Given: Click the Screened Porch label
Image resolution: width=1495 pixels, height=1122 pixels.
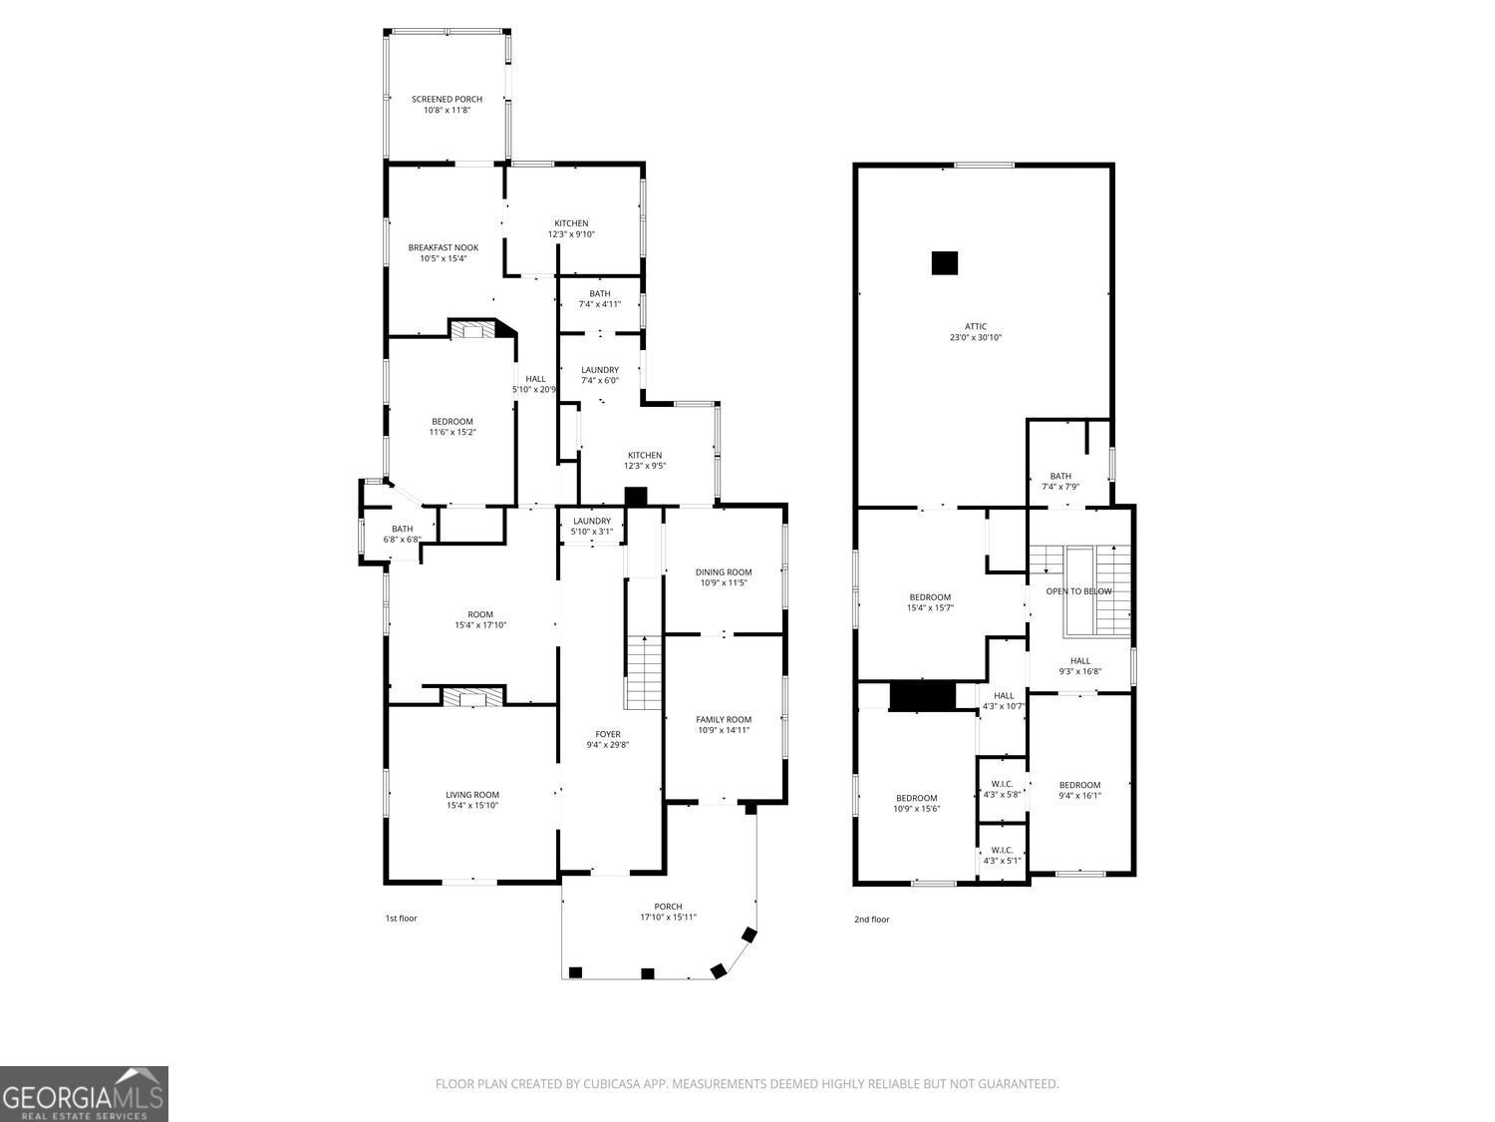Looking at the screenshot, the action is pos(447,100).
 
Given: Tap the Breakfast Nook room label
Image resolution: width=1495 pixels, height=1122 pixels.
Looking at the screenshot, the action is pos(444,248).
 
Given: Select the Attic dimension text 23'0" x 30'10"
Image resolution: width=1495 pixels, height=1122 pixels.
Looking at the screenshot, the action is pos(976,337).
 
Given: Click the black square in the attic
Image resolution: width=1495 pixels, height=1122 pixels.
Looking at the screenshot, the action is pos(945,263).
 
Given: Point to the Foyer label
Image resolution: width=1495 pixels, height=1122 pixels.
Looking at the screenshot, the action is pos(608,734).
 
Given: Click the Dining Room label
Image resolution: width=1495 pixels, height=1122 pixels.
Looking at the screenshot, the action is pos(724,572).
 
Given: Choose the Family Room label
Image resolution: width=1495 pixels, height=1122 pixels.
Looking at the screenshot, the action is pos(724,719).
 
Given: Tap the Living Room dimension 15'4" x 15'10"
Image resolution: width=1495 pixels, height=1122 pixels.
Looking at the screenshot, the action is pos(472,805).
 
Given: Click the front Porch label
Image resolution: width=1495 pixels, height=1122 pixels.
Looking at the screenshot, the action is pos(668,906).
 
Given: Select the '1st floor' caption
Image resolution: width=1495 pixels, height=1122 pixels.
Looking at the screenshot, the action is pos(402,919).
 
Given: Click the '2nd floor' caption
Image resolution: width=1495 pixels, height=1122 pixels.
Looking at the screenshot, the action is pos(872,919).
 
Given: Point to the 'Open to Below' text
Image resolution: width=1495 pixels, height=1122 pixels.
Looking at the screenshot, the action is pos(1078,591).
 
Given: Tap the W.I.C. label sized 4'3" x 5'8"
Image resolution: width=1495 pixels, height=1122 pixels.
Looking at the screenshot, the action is pos(1002,789).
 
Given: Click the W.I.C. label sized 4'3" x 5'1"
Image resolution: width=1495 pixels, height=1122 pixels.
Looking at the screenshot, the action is pos(1002,855).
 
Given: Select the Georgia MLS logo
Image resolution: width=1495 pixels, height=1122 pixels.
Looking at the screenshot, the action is pos(84,1093).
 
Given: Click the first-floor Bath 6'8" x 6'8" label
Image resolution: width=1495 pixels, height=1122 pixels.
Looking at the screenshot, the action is pos(402,535).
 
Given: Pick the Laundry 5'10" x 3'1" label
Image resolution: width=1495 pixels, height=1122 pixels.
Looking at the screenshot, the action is pos(592,526).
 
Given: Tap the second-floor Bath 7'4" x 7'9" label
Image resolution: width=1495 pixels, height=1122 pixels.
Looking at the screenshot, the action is pos(1060,481).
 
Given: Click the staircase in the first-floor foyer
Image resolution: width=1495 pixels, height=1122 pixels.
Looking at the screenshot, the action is pos(644,672).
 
